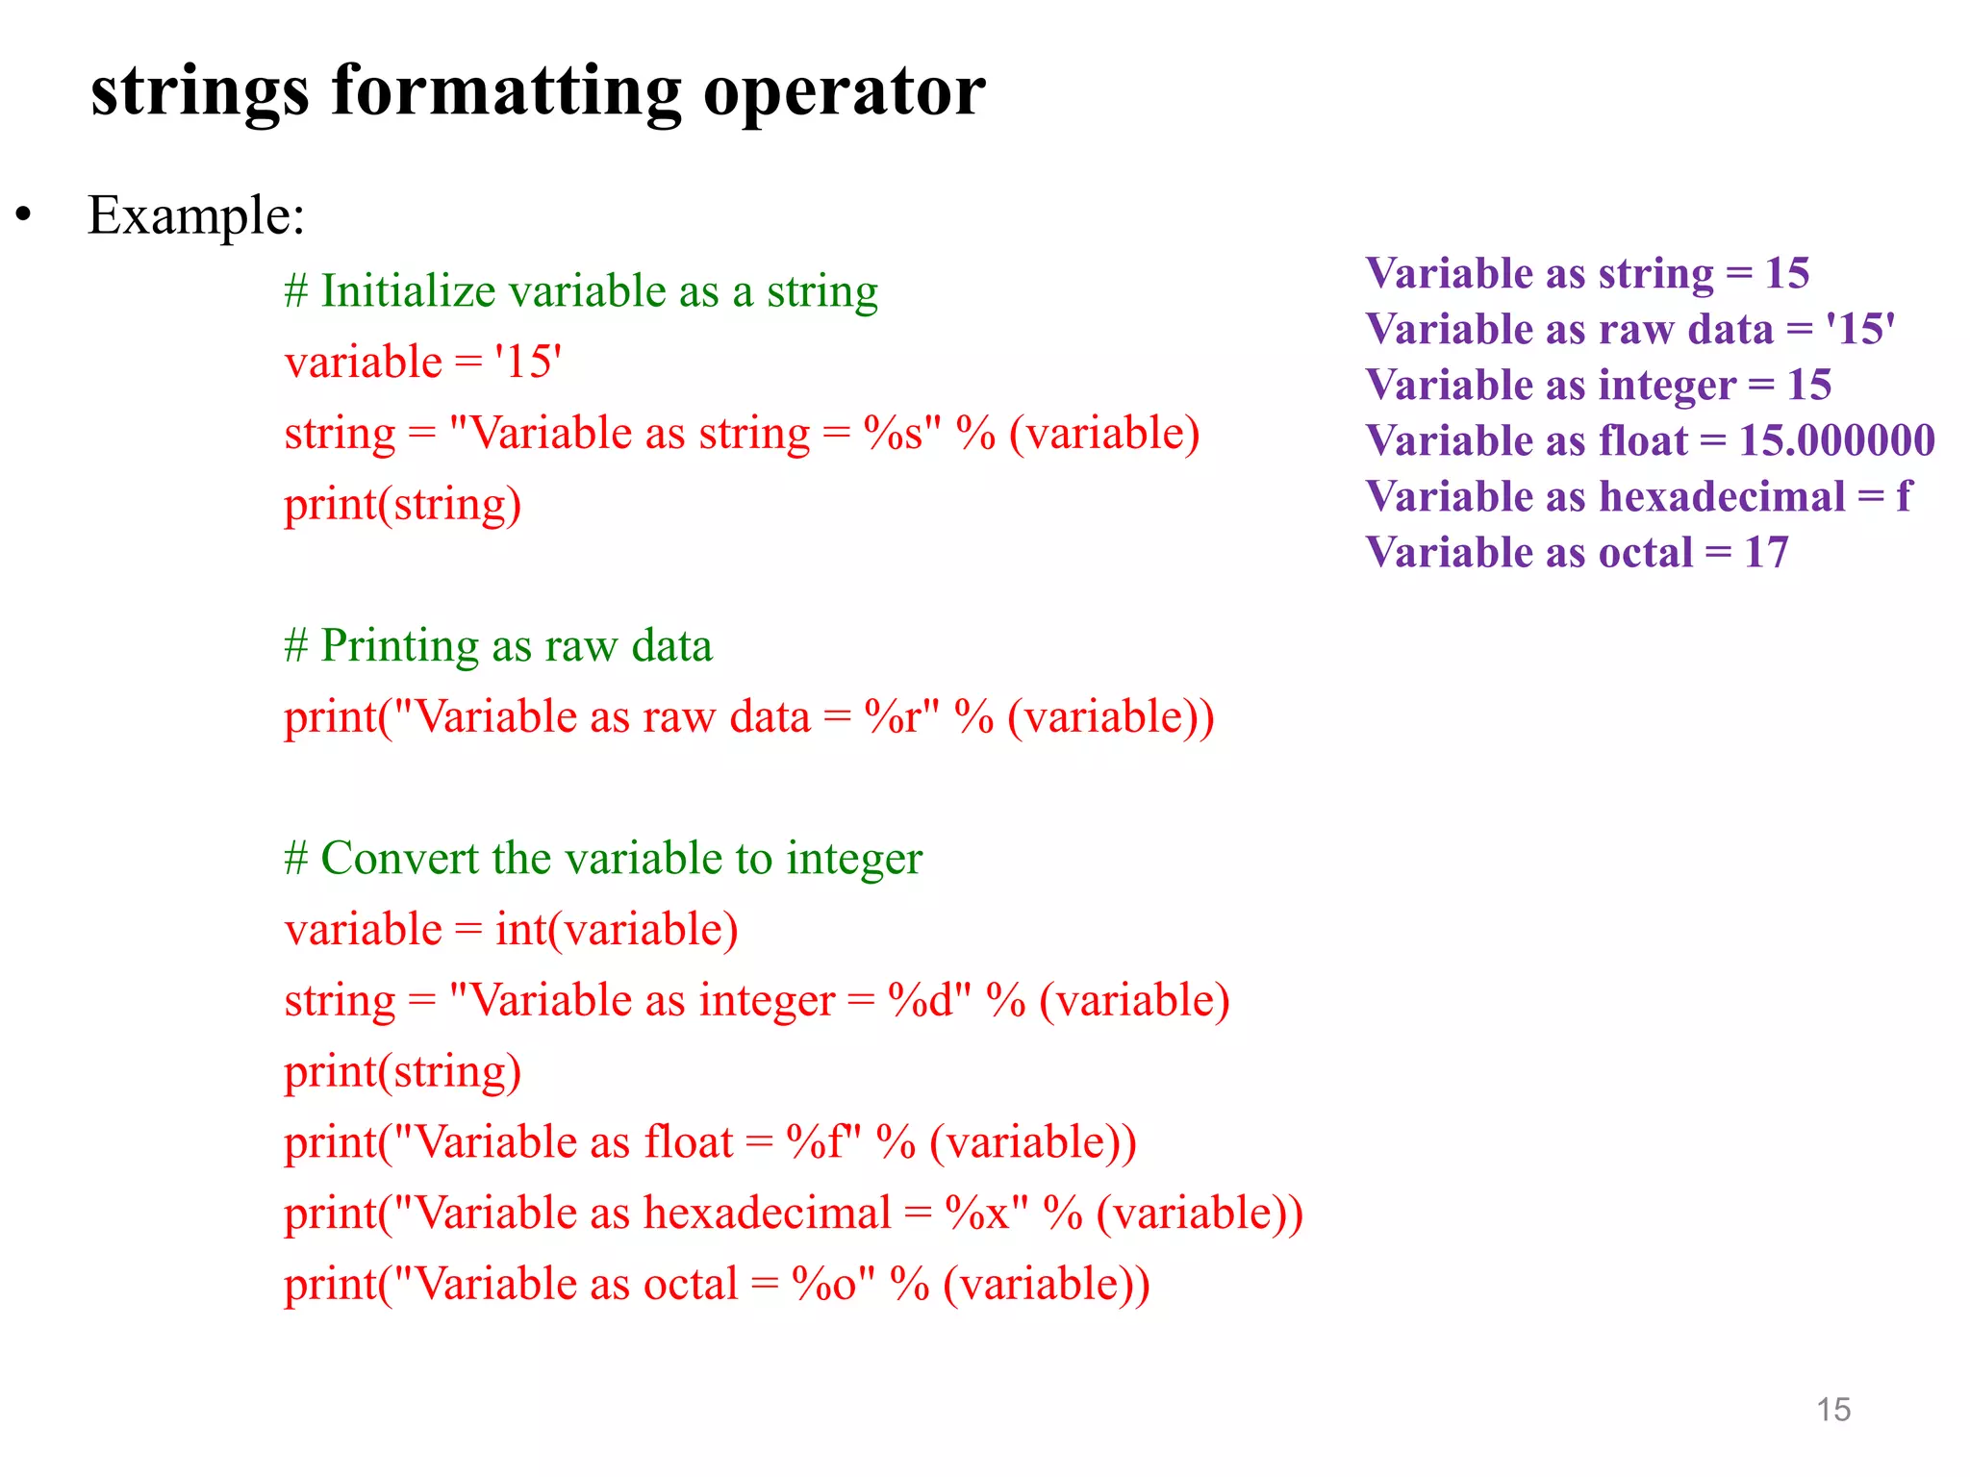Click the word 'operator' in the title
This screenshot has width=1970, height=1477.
pos(844,92)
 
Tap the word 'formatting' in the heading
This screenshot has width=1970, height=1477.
pos(506,92)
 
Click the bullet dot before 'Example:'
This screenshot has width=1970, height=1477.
pos(24,215)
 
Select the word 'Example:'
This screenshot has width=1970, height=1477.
pos(196,215)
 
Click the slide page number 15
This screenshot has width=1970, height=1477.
pos(1833,1410)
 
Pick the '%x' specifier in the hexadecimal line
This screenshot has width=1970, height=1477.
pos(977,1214)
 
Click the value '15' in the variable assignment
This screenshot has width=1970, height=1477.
pos(527,363)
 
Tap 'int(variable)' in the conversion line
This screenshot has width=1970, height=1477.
pos(617,930)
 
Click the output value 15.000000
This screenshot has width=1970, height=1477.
pos(1836,441)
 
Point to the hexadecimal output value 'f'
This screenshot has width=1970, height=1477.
pos(1904,497)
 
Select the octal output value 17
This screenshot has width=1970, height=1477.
pos(1766,553)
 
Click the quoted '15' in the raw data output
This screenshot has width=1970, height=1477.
pos(1860,330)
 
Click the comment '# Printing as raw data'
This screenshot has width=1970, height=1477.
pos(498,646)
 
